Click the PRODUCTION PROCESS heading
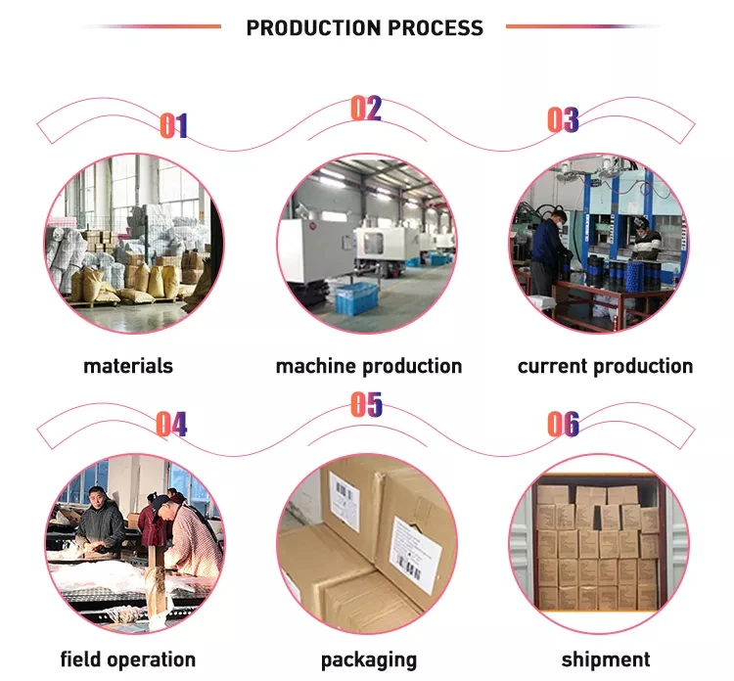click(x=364, y=27)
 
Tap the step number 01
click(x=173, y=125)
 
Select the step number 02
click(x=366, y=108)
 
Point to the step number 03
click(x=563, y=120)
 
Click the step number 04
click(x=171, y=424)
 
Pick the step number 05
click(x=366, y=404)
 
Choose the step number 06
click(x=563, y=424)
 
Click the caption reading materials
click(x=128, y=366)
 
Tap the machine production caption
click(x=368, y=366)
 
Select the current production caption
click(x=605, y=366)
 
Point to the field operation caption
click(x=128, y=659)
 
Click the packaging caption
click(x=368, y=659)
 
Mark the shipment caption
click(x=605, y=659)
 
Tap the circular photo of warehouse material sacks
click(x=131, y=246)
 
